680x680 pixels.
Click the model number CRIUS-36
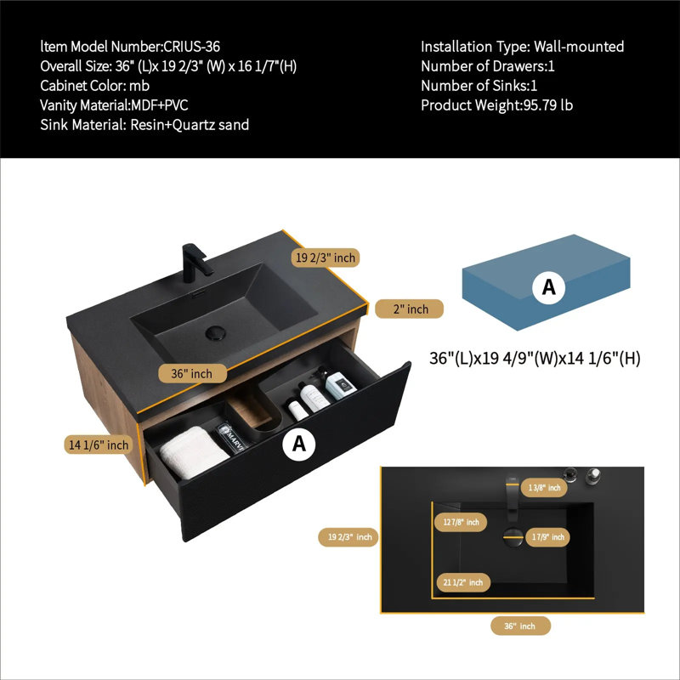point(191,47)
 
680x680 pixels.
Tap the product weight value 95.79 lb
point(547,105)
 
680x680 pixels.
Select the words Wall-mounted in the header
point(579,47)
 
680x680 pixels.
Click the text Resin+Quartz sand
point(190,125)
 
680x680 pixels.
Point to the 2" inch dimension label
point(409,309)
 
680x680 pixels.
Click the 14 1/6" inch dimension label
point(99,445)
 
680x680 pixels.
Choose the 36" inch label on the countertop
point(192,373)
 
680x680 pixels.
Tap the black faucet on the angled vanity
point(196,263)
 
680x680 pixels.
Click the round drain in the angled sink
point(216,332)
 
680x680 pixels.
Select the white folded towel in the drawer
point(193,452)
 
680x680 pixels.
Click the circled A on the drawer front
point(299,444)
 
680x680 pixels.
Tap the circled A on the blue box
point(548,287)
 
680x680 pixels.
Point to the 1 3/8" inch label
point(544,488)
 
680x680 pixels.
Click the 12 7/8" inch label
point(461,522)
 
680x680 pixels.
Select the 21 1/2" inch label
point(462,582)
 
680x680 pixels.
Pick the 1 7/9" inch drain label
point(547,537)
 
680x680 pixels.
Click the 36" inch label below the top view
point(520,626)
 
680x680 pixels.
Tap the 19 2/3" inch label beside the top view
point(349,537)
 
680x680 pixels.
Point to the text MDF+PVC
point(160,105)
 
